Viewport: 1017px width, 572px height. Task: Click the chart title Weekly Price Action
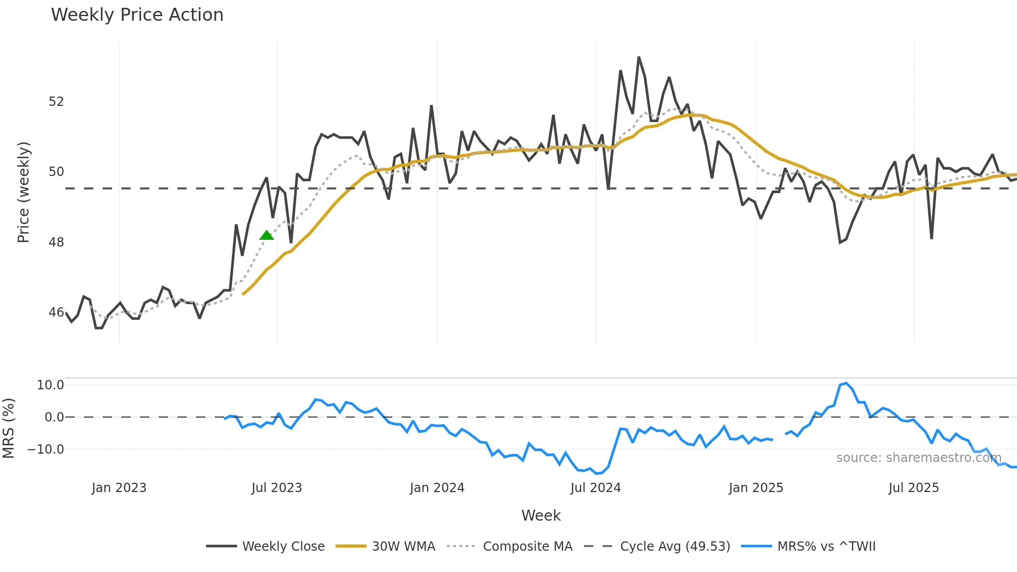pyautogui.click(x=137, y=15)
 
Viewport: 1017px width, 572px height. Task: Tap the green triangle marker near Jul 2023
pyautogui.click(x=267, y=236)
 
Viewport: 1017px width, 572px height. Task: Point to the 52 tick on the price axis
pyautogui.click(x=56, y=102)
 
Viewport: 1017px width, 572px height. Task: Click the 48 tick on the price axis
pyautogui.click(x=56, y=242)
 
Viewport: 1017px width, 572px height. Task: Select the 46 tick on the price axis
pyautogui.click(x=56, y=312)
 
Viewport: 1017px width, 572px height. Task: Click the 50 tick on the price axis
pyautogui.click(x=56, y=172)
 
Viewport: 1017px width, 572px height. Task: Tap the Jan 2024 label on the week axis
pyautogui.click(x=437, y=488)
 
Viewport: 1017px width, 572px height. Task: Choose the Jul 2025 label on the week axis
pyautogui.click(x=913, y=488)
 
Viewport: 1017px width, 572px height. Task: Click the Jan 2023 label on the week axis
pyautogui.click(x=119, y=488)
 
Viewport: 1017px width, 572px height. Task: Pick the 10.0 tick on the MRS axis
pyautogui.click(x=50, y=385)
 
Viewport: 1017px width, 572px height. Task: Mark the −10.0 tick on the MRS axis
pyautogui.click(x=46, y=450)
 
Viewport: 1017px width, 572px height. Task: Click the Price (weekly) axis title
pyautogui.click(x=23, y=192)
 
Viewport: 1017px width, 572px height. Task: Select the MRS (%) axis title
pyautogui.click(x=9, y=428)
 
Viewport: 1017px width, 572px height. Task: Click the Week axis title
pyautogui.click(x=541, y=515)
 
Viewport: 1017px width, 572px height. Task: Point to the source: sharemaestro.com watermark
pyautogui.click(x=918, y=458)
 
